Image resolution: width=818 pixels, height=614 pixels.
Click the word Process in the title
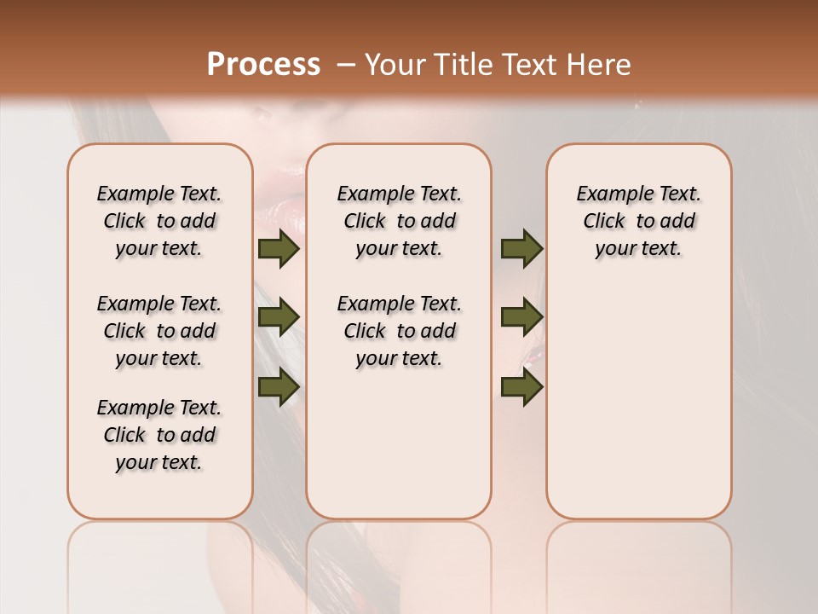(x=263, y=64)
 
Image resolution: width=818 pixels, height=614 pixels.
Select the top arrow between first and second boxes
(x=278, y=249)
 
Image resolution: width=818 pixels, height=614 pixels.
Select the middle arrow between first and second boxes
(x=278, y=317)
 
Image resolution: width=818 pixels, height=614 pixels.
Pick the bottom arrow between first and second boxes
(x=278, y=386)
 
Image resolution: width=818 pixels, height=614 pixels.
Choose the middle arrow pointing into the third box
(x=521, y=317)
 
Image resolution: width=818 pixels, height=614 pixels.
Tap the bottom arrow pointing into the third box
(x=521, y=386)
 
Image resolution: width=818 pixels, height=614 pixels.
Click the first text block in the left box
(x=159, y=221)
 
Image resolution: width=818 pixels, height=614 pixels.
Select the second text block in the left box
(x=159, y=331)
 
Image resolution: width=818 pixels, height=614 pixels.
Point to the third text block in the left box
(x=159, y=435)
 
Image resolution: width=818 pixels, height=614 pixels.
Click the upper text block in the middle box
(x=399, y=221)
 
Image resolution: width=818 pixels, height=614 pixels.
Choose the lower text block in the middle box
(x=399, y=331)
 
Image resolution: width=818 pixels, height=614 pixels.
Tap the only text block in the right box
(x=638, y=221)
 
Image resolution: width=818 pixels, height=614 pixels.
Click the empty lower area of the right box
(x=638, y=409)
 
